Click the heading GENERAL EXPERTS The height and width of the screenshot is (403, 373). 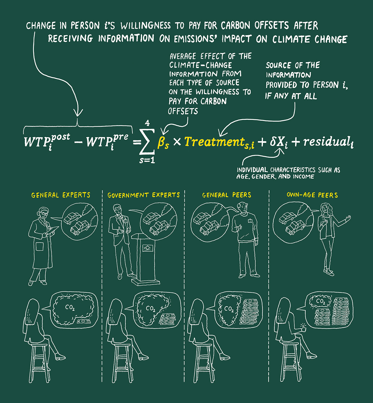(x=61, y=195)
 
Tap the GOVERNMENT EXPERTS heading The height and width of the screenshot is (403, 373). (x=144, y=195)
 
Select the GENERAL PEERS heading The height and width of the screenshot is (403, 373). (x=227, y=195)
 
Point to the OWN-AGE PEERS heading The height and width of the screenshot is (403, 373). (x=312, y=195)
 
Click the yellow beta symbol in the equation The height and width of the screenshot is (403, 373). (x=163, y=142)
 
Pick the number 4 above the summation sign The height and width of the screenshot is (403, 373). (x=147, y=123)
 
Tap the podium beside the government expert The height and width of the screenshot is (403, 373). (x=145, y=260)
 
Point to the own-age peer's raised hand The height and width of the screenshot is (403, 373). (x=348, y=219)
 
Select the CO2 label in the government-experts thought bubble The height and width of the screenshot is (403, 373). (x=151, y=309)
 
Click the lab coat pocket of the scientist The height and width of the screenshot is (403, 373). (x=39, y=246)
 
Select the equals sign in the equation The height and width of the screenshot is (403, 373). (x=137, y=142)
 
